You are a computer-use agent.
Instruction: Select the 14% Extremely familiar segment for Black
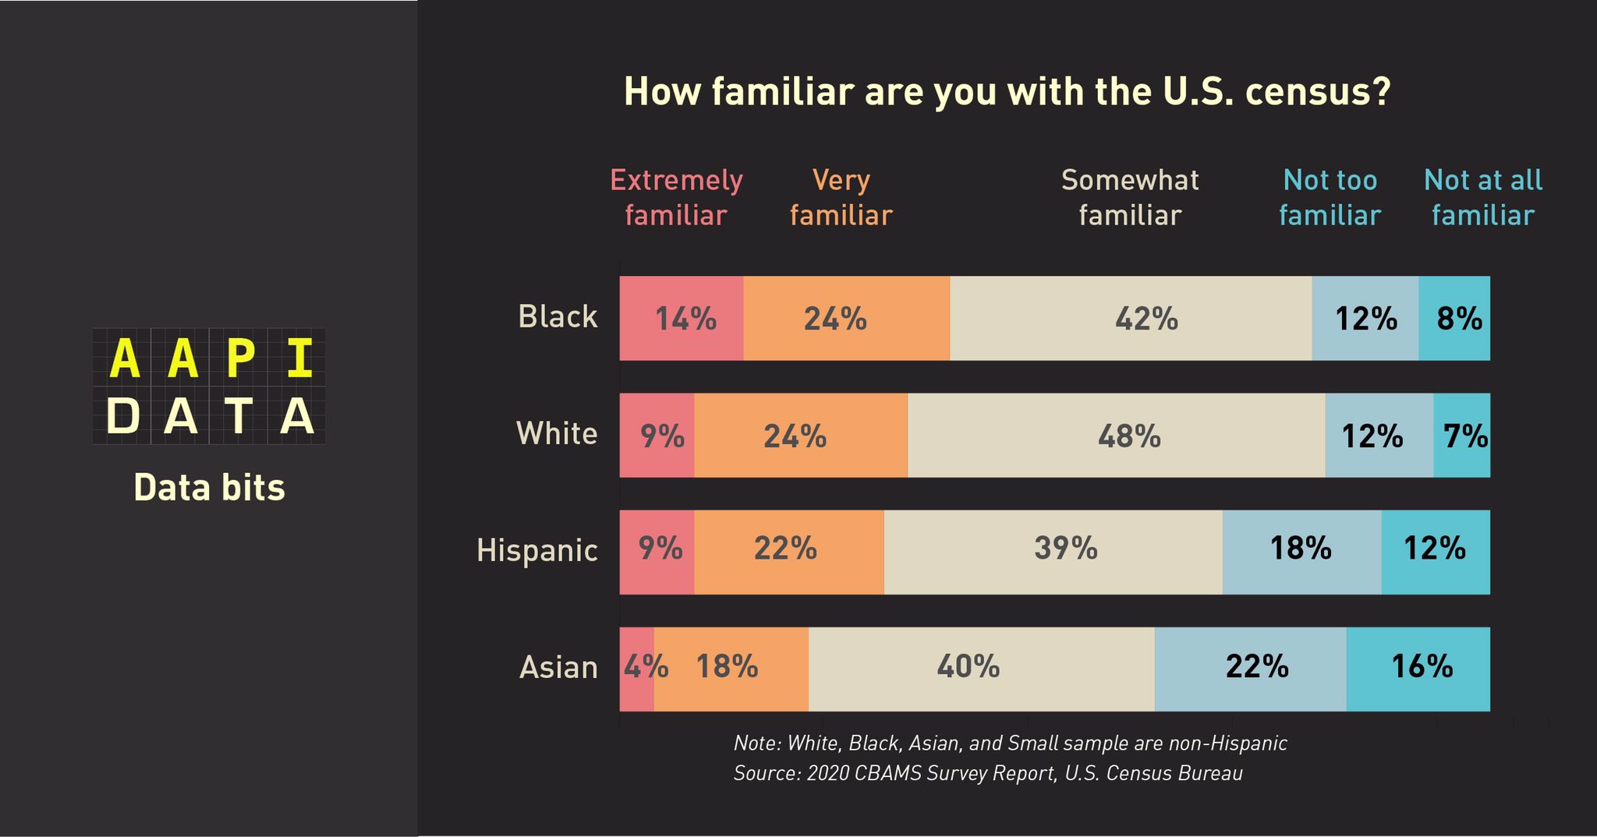point(682,318)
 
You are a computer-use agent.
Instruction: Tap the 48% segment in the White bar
point(1117,435)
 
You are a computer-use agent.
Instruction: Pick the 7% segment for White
point(1462,435)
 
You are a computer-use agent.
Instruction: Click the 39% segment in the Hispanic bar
point(1053,552)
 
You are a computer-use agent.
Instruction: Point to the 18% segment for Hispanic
point(1301,552)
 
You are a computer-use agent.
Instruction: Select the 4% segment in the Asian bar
point(636,669)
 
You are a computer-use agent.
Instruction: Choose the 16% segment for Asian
point(1418,669)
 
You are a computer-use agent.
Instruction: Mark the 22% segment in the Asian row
point(1250,669)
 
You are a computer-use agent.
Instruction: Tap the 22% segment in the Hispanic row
point(788,552)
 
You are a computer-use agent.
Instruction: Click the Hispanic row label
point(536,550)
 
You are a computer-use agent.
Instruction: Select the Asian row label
point(558,668)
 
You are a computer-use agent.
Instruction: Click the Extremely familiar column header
point(676,197)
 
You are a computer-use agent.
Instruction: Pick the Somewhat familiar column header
point(1130,197)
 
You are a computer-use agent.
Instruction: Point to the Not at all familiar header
point(1482,197)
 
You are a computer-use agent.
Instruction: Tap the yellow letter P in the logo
point(240,358)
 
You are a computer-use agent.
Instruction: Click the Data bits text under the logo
point(209,488)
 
